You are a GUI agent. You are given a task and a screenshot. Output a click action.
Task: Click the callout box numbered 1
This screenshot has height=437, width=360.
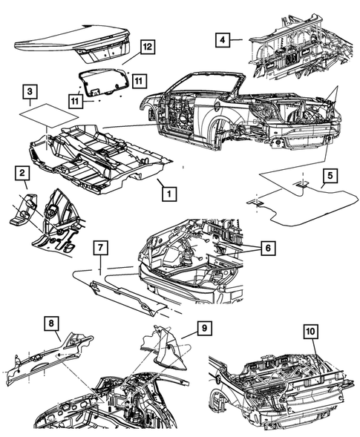pyautogui.click(x=170, y=193)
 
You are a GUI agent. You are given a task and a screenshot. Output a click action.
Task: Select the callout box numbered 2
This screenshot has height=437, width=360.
pyautogui.click(x=23, y=174)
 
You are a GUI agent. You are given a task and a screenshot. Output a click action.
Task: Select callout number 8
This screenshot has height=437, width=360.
pyautogui.click(x=50, y=323)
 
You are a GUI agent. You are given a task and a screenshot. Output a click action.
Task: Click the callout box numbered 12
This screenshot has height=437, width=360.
pyautogui.click(x=147, y=47)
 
